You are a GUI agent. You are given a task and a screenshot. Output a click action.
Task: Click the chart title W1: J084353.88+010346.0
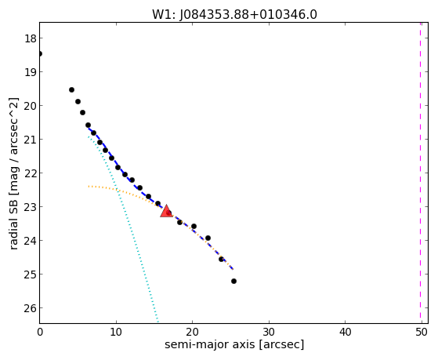click(x=234, y=14)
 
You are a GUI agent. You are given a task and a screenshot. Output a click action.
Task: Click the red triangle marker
click(x=166, y=211)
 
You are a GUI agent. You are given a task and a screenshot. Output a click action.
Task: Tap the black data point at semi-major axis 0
click(x=40, y=53)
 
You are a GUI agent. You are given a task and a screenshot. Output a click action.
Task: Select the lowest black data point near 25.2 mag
click(x=233, y=281)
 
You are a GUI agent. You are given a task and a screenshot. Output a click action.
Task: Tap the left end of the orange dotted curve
click(x=89, y=186)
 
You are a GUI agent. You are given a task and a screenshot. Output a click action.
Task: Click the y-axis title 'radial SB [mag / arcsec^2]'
click(x=13, y=173)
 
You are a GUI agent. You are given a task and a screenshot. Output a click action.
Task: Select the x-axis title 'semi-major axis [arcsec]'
click(x=234, y=344)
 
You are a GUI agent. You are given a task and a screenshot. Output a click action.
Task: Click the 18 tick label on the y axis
click(x=31, y=38)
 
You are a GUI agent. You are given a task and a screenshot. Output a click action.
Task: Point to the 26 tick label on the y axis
click(x=31, y=308)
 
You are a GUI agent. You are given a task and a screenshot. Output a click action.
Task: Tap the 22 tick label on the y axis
click(x=31, y=173)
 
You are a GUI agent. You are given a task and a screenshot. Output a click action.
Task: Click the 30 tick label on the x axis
click(x=269, y=332)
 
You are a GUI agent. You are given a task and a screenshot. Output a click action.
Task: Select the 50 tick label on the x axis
click(x=422, y=332)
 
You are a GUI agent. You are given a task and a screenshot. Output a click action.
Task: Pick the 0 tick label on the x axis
click(x=40, y=332)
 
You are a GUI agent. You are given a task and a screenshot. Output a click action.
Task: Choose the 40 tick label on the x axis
click(x=346, y=332)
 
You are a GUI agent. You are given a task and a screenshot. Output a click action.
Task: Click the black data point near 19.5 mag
click(x=71, y=89)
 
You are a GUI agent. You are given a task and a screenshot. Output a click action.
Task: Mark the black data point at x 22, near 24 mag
click(x=208, y=238)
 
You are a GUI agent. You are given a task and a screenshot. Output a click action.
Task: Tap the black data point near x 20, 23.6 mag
click(x=194, y=227)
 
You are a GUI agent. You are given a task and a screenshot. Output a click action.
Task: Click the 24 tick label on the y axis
click(x=31, y=241)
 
